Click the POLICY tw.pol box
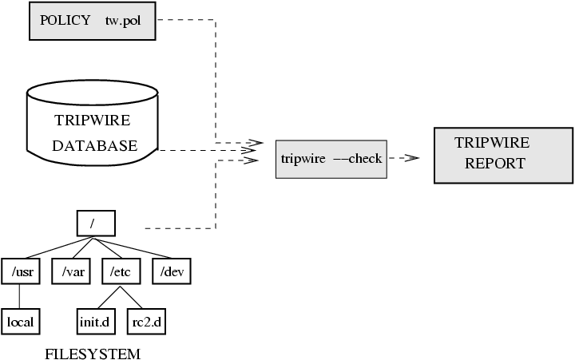point(92,21)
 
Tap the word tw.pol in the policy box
point(122,21)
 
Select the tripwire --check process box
point(331,158)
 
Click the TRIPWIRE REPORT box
point(503,154)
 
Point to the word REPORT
point(495,164)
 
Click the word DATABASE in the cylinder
point(94,146)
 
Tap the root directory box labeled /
point(97,221)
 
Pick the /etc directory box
point(121,271)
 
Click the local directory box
point(21,322)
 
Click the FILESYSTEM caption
point(93,353)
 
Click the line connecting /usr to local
point(19,296)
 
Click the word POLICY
point(65,21)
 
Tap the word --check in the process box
point(357,158)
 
